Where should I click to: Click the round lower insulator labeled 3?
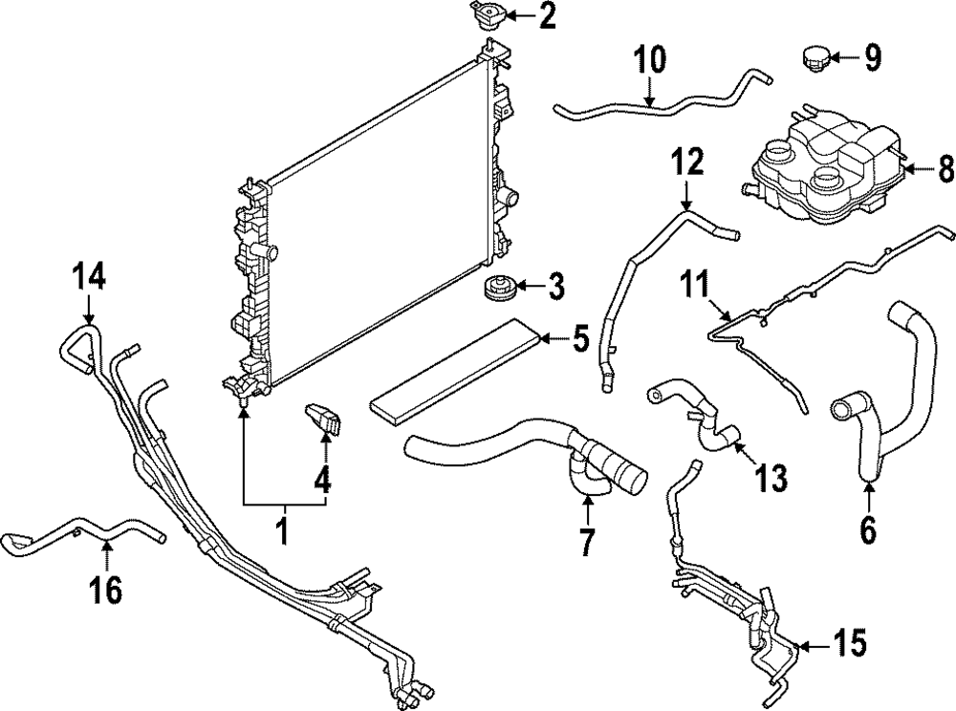click(499, 287)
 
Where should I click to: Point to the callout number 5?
click(579, 338)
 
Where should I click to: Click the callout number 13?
click(771, 475)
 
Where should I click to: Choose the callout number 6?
click(868, 528)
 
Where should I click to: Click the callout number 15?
click(850, 645)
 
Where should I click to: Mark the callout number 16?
click(106, 590)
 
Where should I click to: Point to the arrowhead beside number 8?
click(908, 169)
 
